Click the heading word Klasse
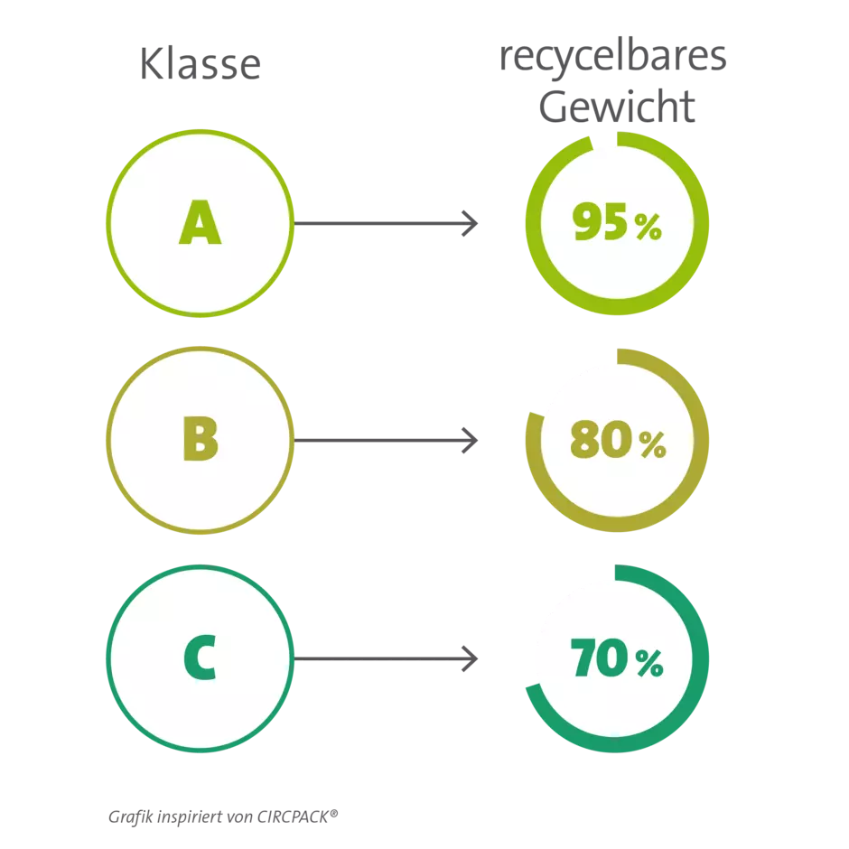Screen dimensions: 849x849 point(201,64)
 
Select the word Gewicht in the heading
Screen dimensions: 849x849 point(617,107)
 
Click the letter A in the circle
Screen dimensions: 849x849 point(201,222)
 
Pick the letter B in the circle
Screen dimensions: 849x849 point(201,439)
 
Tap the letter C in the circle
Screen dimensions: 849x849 point(201,658)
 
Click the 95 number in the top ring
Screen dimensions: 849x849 point(600,221)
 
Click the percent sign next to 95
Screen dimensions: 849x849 point(648,227)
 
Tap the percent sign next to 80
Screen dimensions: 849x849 point(652,444)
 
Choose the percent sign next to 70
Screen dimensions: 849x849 point(649,663)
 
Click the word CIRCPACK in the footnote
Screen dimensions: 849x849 point(293,817)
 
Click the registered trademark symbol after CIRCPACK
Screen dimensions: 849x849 point(333,813)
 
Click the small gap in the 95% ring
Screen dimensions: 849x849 point(604,141)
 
